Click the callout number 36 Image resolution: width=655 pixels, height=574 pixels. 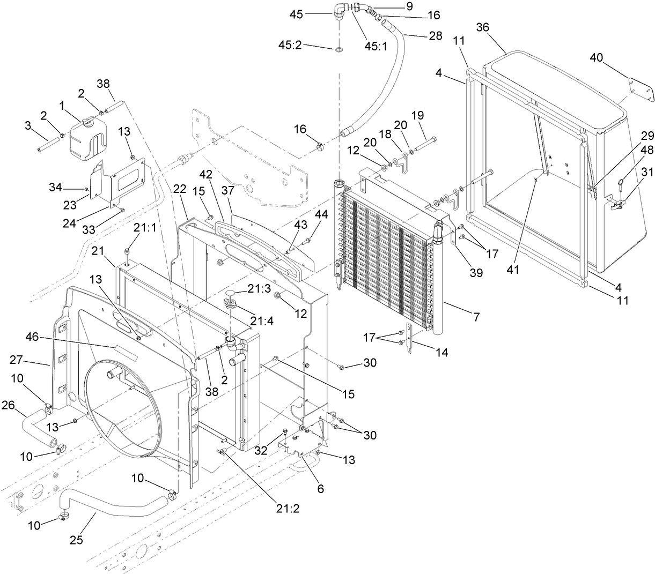coord(482,27)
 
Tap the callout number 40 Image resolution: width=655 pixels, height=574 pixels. coord(597,58)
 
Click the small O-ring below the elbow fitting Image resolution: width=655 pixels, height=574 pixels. coord(339,50)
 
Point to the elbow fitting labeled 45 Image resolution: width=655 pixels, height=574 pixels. coord(340,11)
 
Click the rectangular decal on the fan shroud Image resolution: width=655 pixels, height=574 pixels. coord(124,352)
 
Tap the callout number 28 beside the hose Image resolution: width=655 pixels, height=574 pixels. coord(436,36)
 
